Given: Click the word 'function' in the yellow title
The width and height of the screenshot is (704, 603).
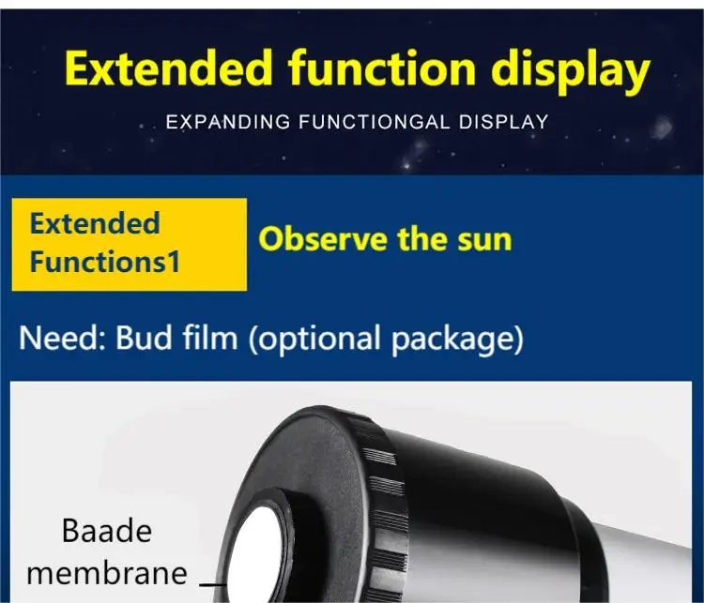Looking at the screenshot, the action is (x=382, y=68).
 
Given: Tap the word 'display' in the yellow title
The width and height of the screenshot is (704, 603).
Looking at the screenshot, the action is (x=571, y=72).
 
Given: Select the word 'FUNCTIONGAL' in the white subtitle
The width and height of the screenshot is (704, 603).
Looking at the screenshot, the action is (x=375, y=122).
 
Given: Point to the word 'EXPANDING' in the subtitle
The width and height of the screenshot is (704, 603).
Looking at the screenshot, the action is (x=228, y=122).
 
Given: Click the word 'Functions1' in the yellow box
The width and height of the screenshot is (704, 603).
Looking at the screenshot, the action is (x=104, y=262).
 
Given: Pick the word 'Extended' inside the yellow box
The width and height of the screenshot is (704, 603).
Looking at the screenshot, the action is (x=95, y=223).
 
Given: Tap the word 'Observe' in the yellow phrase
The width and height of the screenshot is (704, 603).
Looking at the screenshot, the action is (x=322, y=239).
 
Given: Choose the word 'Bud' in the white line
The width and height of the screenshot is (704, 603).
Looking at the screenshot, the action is (x=144, y=338).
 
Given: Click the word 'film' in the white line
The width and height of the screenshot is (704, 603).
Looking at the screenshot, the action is (x=210, y=338).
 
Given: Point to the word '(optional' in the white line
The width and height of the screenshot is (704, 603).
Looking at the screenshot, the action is (x=314, y=340).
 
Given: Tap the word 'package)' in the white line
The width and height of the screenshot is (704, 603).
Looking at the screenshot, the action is (x=457, y=340).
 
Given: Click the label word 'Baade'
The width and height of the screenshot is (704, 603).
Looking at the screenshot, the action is (x=107, y=531).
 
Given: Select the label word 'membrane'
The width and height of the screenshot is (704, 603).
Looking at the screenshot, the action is (x=107, y=573).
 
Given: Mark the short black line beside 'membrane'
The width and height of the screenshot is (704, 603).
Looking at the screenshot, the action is (x=213, y=584).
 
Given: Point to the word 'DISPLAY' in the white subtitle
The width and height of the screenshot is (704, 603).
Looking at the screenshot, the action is (x=503, y=122).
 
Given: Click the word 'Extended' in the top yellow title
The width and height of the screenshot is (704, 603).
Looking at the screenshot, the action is (x=169, y=68).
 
